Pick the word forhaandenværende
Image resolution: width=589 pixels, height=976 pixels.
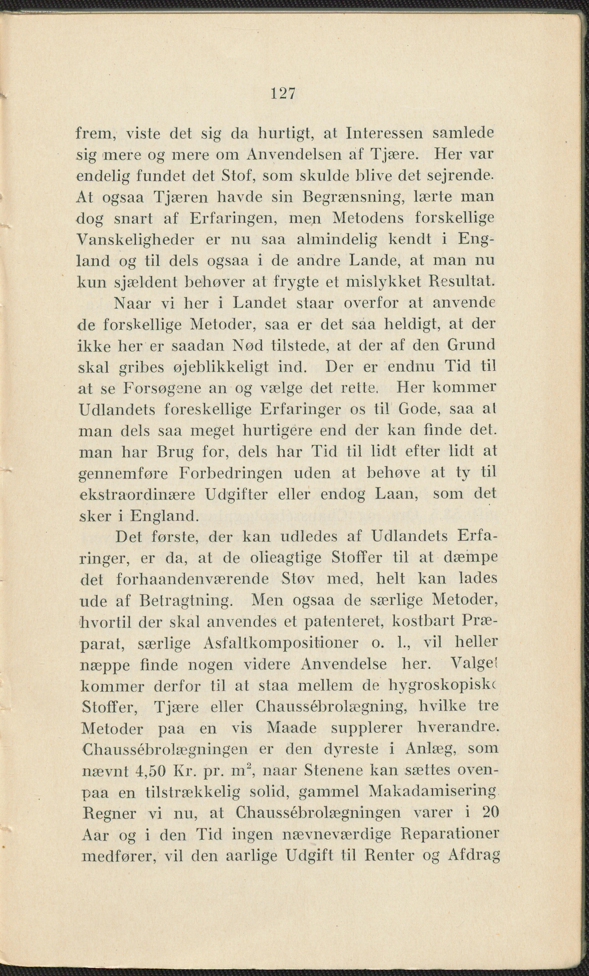(193, 580)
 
